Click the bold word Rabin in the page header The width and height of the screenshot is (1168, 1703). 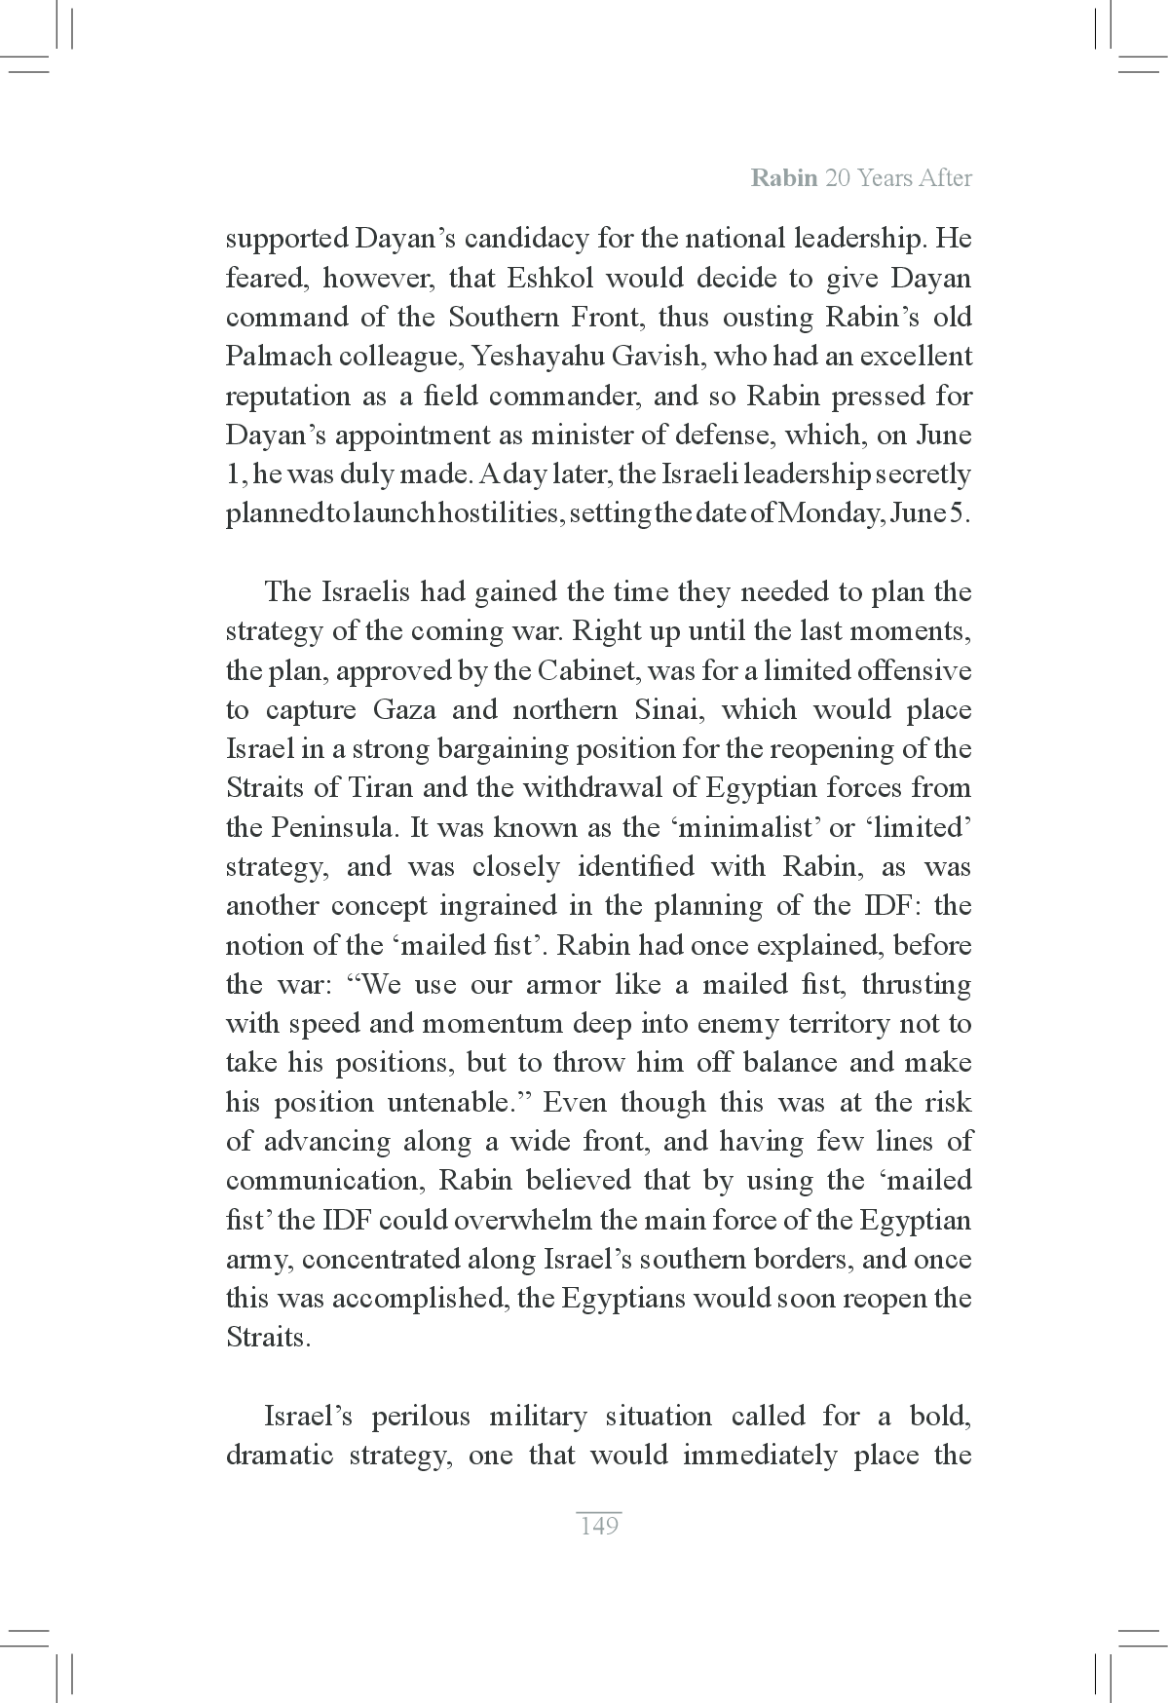783,178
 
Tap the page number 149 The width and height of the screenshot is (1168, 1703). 598,1526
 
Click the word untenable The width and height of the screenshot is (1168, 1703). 450,1103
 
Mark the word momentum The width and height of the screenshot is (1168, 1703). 482,1024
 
